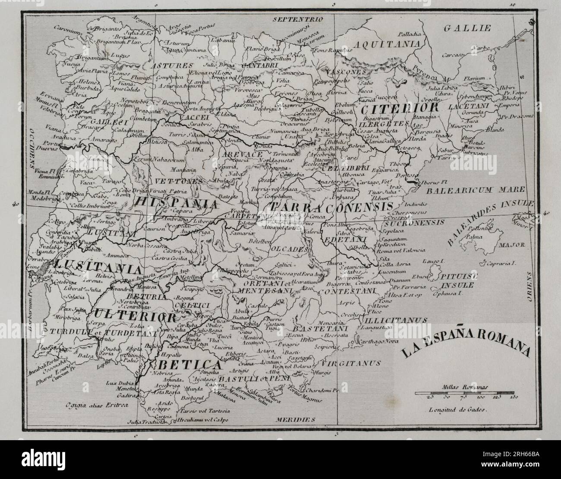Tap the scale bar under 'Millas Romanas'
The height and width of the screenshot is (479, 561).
point(466,393)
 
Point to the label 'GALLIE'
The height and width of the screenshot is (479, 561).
point(467,29)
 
